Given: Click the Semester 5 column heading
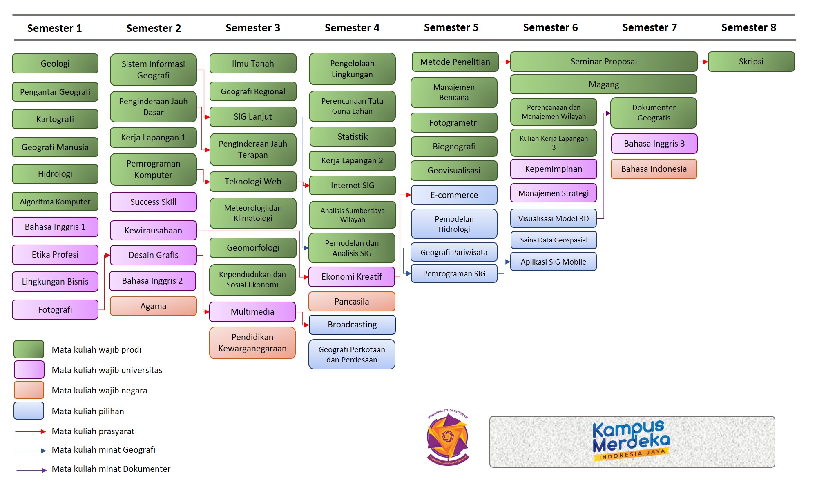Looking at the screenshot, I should click(451, 28).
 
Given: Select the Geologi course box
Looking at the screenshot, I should click(55, 64).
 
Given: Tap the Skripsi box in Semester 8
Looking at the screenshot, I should click(751, 62).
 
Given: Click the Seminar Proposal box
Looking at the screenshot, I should click(603, 62).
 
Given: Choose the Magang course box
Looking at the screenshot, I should click(603, 84).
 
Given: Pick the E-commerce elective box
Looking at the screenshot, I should click(454, 195).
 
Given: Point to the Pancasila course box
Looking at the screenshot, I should click(352, 302).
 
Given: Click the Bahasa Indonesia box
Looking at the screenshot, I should click(654, 169).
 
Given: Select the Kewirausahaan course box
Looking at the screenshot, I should click(153, 231).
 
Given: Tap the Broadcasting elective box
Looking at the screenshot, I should click(352, 325).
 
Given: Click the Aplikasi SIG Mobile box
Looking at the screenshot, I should click(553, 262).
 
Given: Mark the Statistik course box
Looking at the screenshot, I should click(353, 137).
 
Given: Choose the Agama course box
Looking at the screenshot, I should click(153, 306).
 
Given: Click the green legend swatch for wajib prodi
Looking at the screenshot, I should click(29, 349).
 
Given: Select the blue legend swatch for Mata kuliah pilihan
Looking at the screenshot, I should click(29, 411).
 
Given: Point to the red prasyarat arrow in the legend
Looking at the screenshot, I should click(31, 431).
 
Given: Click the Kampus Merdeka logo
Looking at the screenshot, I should click(632, 442).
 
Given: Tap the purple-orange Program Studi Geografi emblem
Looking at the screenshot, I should click(448, 438).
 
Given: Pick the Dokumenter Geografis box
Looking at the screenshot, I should click(654, 113).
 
